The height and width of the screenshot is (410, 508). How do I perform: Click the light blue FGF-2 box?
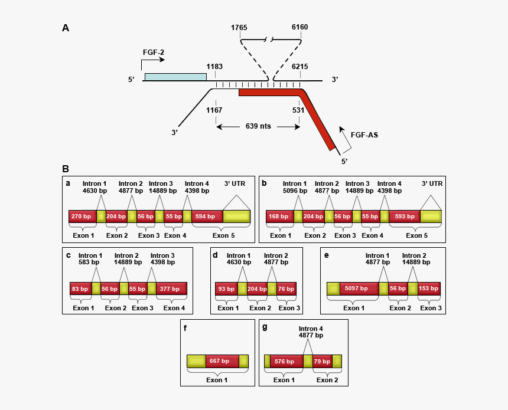tap(175, 77)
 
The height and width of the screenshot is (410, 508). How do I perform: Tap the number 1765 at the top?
tap(239, 27)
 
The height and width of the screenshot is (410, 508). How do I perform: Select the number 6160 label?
tap(299, 27)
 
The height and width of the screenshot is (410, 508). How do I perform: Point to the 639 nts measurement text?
tap(258, 126)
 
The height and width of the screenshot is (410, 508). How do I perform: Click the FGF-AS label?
tap(364, 135)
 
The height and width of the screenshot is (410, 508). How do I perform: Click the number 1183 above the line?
tap(214, 67)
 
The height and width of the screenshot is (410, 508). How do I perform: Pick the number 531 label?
tap(298, 110)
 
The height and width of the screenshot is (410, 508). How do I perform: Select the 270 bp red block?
tap(82, 217)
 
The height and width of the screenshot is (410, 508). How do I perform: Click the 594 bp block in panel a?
tap(207, 217)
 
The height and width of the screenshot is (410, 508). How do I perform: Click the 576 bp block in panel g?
tap(286, 361)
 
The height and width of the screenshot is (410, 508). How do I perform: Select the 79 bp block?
tap(322, 361)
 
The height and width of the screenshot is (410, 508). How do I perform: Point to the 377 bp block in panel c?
tap(171, 288)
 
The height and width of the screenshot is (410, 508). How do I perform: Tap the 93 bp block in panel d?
tap(226, 288)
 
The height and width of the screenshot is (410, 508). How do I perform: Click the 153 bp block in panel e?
tap(429, 288)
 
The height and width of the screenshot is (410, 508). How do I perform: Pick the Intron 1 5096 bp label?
tap(295, 187)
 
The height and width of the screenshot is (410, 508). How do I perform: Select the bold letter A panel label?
tap(66, 28)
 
